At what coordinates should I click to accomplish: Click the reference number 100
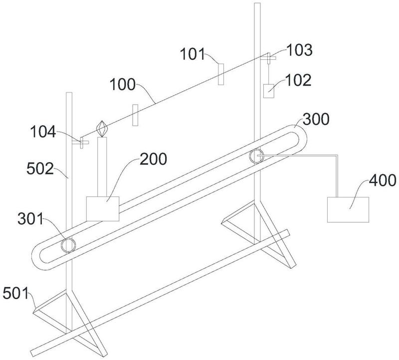tap(122, 84)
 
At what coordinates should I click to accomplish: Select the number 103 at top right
tap(299, 50)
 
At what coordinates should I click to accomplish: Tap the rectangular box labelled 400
tap(348, 209)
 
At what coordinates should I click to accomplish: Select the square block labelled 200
tap(103, 208)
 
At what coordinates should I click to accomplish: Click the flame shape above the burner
tap(102, 128)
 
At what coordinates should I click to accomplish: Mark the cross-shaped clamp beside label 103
tap(268, 58)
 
